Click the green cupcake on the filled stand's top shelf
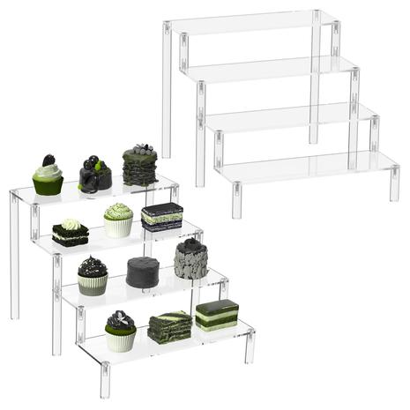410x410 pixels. tap(48, 179)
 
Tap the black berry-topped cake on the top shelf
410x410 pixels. tap(94, 175)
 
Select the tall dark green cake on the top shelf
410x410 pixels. tap(139, 166)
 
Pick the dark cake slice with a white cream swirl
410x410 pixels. tap(70, 234)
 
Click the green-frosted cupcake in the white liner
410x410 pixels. tap(117, 220)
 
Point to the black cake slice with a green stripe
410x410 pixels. tap(161, 217)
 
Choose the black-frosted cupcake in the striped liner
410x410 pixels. tap(92, 276)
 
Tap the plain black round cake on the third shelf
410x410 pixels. tap(142, 272)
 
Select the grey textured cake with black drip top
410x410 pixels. tap(190, 259)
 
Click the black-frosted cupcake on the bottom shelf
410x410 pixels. tap(120, 332)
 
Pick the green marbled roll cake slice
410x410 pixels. tap(169, 327)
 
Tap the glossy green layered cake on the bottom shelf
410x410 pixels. tap(216, 315)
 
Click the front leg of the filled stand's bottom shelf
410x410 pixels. tap(105, 379)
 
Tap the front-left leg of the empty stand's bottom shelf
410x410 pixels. tap(236, 200)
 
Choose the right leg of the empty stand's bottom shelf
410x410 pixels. tap(394, 183)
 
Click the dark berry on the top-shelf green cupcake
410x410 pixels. tap(48, 160)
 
